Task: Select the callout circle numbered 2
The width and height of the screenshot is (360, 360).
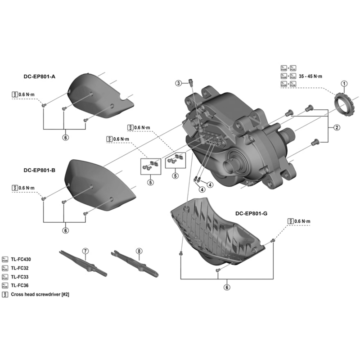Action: coord(337,127)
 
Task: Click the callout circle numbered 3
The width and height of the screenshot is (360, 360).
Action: coord(179,83)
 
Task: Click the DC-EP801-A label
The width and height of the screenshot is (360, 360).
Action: coord(39,76)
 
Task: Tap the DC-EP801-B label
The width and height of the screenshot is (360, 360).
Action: coord(39,171)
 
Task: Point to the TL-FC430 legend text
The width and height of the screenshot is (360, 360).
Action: coord(22,259)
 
